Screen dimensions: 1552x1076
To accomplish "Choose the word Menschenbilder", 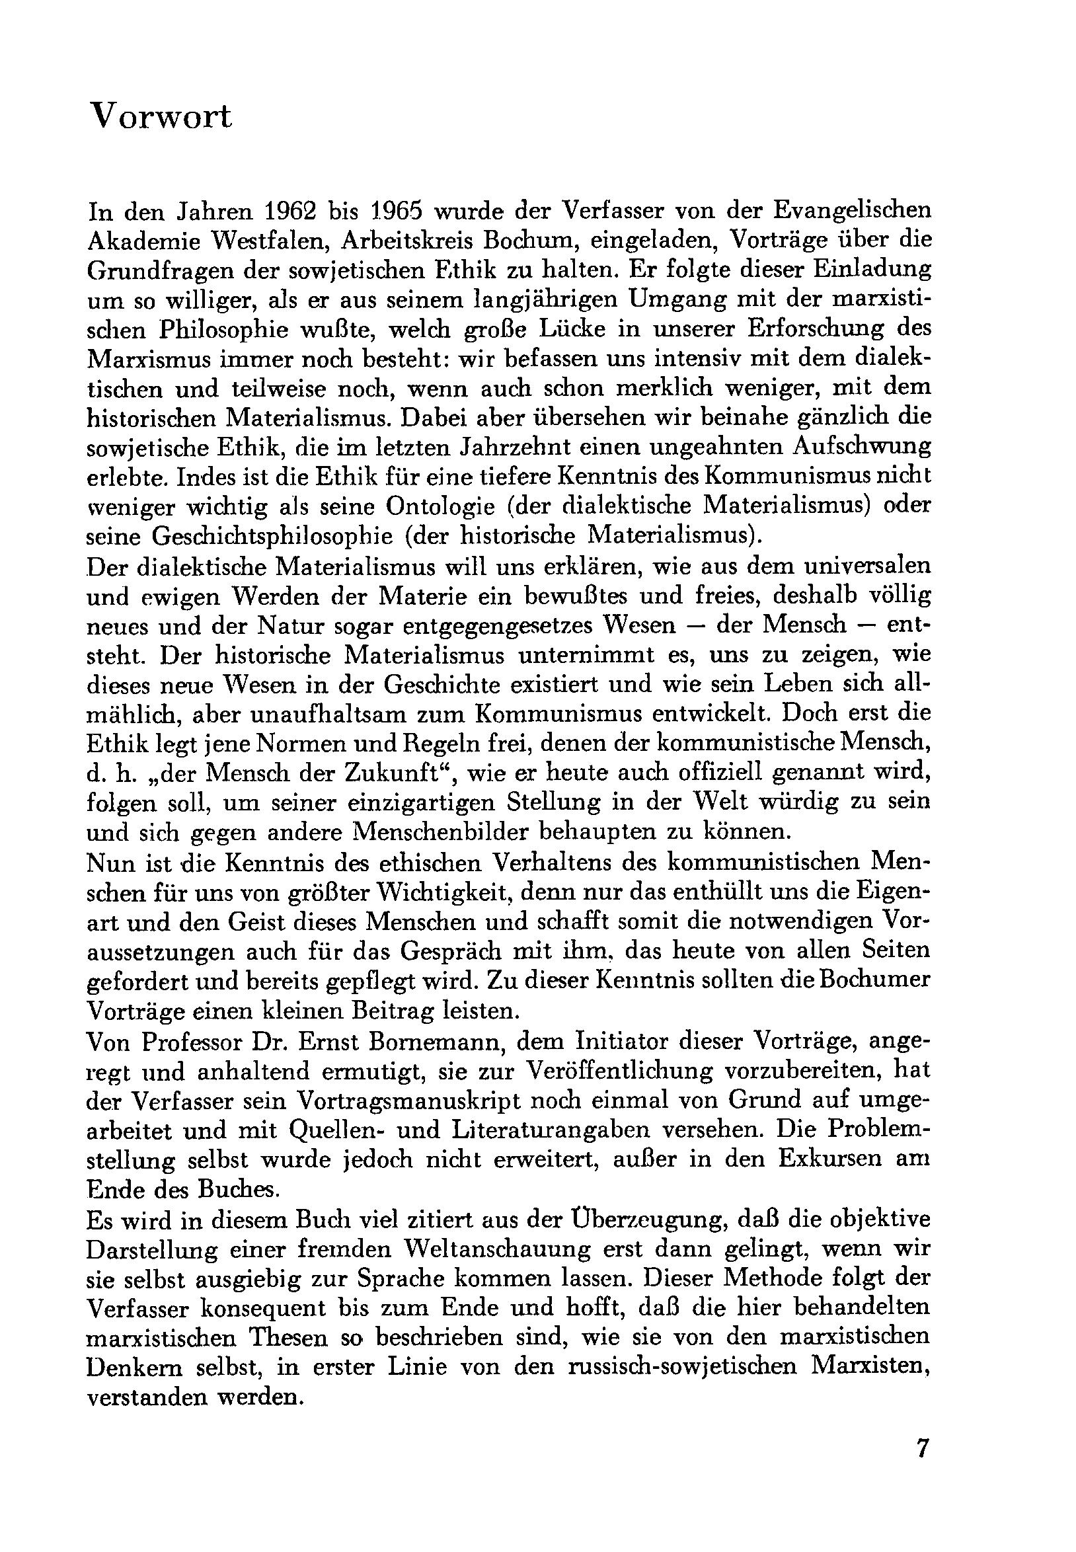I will point(465,832).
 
